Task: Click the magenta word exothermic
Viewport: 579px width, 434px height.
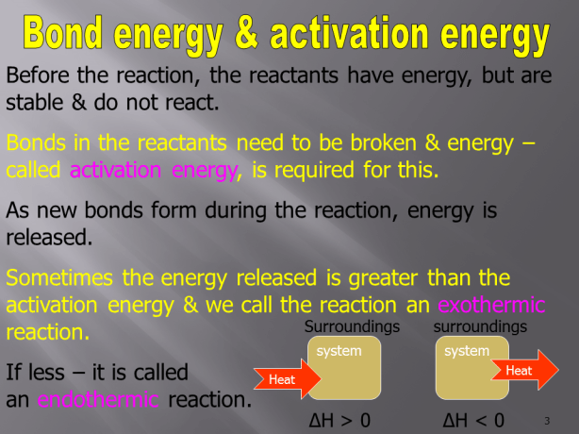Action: [492, 306]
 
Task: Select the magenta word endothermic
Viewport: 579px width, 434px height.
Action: [98, 399]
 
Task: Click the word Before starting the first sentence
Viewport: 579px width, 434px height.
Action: [41, 75]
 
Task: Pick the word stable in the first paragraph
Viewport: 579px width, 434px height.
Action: [35, 101]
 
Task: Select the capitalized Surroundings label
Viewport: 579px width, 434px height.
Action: [352, 326]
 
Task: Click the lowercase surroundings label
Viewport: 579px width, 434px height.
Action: [479, 326]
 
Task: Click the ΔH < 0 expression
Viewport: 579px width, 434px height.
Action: [472, 419]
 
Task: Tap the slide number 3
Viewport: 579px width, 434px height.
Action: [547, 420]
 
